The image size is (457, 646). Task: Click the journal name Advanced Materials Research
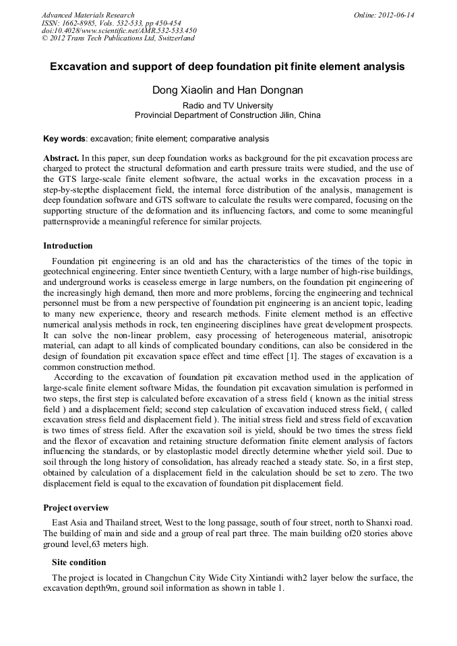tap(88, 15)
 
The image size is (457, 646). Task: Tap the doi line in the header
tap(119, 30)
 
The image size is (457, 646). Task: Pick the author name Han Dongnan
tap(270, 90)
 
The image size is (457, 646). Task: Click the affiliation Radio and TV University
tap(228, 105)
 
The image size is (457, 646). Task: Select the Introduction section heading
tap(68, 246)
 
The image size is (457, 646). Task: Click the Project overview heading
tap(76, 507)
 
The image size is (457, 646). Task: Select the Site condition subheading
tap(79, 562)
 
